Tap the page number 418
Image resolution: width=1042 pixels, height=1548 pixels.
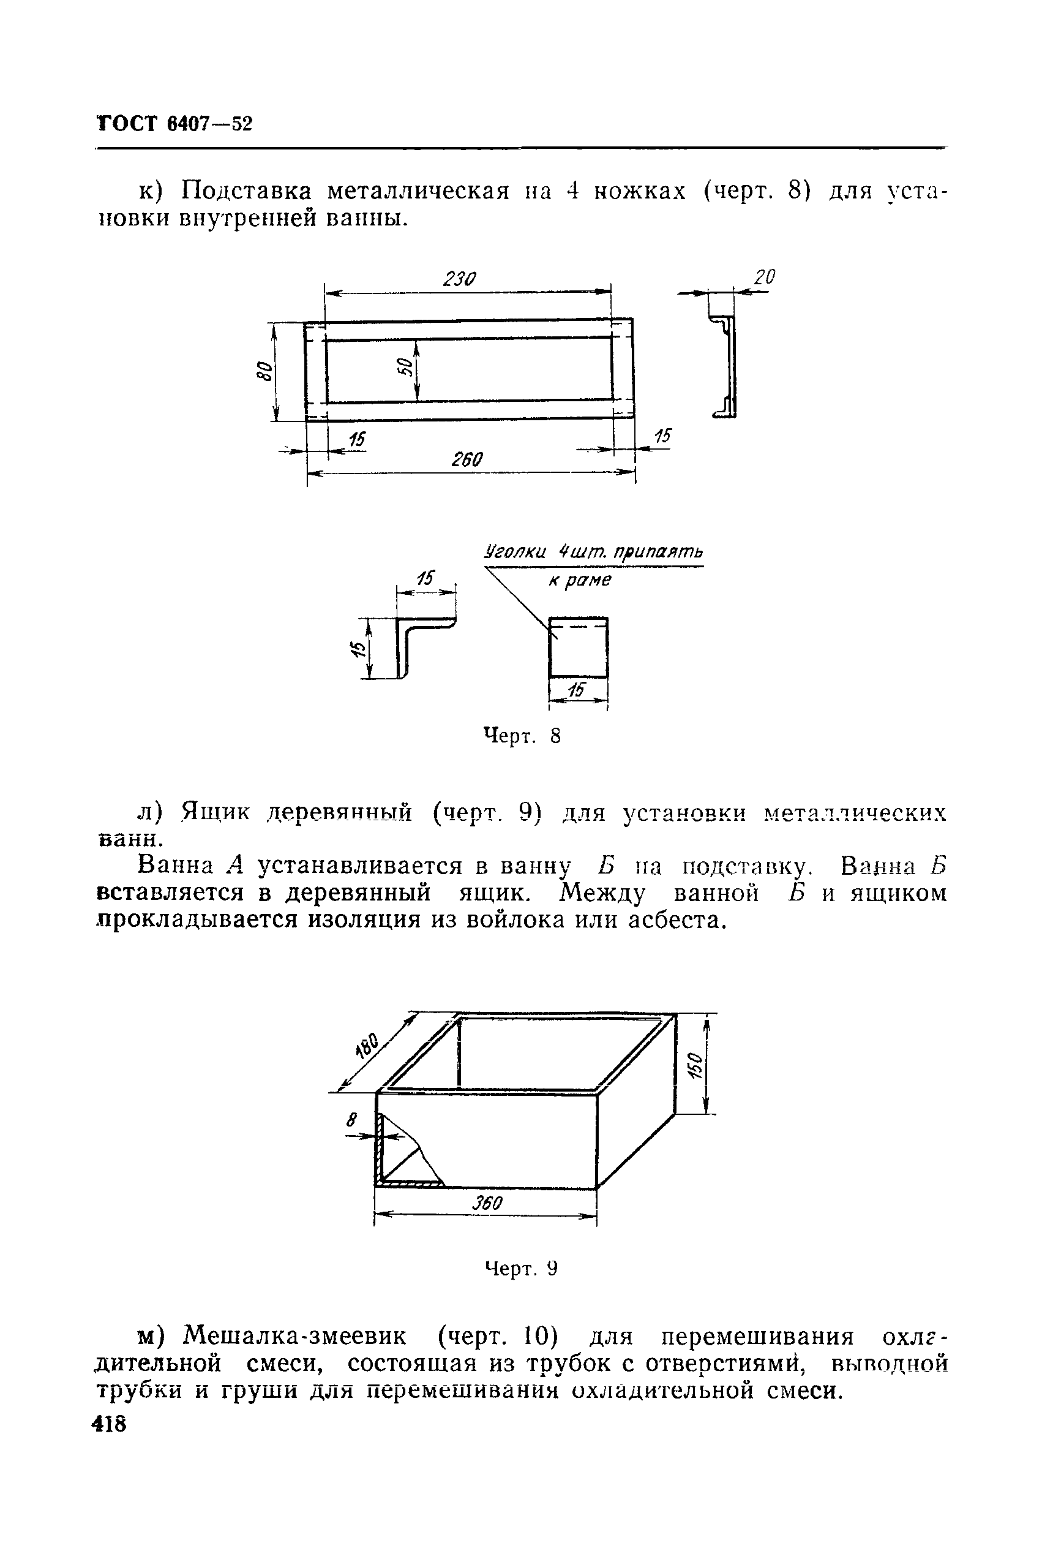point(110,1424)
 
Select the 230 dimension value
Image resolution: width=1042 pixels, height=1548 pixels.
point(460,279)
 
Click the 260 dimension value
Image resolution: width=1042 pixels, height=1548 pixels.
point(467,459)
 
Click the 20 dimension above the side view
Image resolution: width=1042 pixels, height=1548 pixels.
point(765,278)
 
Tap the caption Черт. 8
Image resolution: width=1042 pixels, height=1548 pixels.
point(522,736)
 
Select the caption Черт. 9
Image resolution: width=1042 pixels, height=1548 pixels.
point(522,1269)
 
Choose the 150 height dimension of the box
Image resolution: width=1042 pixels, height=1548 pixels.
point(694,1065)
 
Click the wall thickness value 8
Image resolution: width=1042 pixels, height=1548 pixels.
point(351,1120)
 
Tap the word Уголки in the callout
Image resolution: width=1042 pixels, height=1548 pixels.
point(515,552)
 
